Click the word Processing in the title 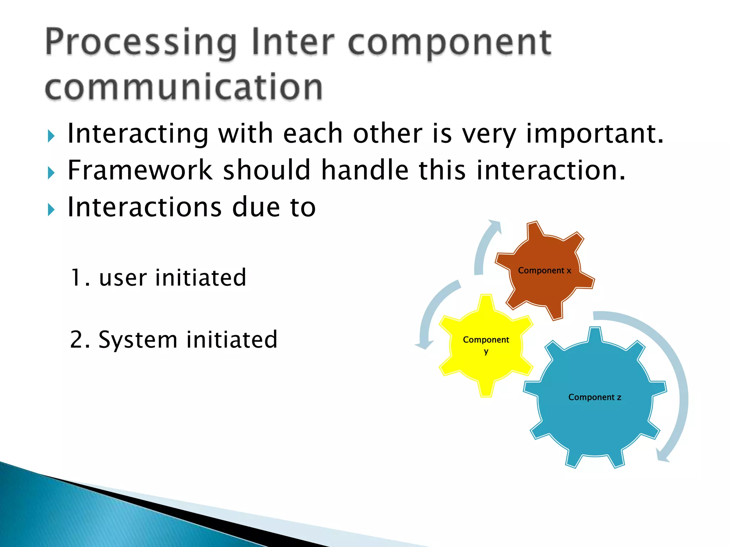coord(141,43)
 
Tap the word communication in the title coord(184,87)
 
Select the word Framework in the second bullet coord(140,170)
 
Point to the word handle coord(365,170)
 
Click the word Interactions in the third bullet coord(144,207)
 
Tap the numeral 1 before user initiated coord(76,277)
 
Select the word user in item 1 coord(122,278)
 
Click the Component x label coord(544,271)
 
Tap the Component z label coord(594,397)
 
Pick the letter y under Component coord(486,352)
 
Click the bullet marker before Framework coord(51,173)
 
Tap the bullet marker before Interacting coord(51,136)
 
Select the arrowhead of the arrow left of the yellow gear coord(425,345)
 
